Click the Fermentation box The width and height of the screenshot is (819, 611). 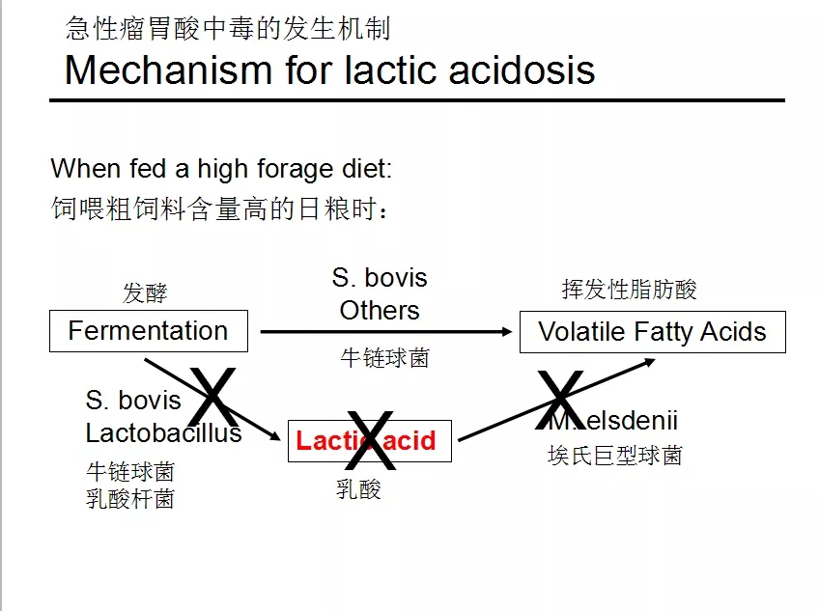148,331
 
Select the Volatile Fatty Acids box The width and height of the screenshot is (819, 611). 652,332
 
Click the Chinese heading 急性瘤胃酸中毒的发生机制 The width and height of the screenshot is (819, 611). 228,28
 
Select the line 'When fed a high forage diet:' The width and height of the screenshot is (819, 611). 221,169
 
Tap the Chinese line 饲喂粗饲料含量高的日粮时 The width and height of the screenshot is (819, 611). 220,208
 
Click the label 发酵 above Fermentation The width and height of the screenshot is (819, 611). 145,292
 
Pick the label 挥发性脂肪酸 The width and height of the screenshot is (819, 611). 629,290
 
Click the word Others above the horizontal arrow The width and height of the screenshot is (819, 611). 380,311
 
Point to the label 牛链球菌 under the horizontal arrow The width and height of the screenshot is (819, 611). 384,358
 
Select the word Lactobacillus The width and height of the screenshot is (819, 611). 163,433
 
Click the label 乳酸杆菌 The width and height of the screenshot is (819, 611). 130,499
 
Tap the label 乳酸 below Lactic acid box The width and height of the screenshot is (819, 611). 358,489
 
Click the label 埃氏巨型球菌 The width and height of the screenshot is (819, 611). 614,456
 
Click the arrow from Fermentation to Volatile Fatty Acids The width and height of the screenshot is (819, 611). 386,332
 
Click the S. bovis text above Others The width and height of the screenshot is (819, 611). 380,278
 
